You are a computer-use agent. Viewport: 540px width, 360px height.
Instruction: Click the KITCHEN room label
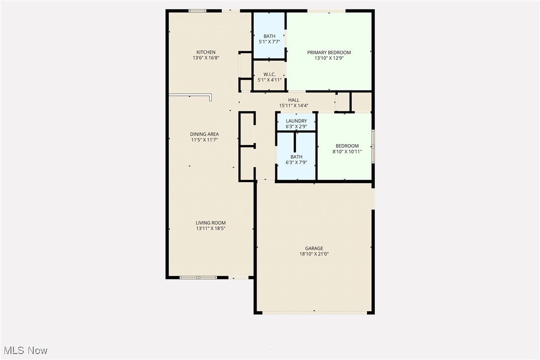click(206, 52)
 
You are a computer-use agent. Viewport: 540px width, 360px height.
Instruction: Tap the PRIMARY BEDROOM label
click(329, 53)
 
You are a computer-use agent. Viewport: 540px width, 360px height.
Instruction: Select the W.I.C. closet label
click(270, 74)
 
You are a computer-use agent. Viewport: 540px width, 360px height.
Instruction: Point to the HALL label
click(294, 100)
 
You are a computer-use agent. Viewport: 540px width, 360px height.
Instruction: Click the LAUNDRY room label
click(296, 121)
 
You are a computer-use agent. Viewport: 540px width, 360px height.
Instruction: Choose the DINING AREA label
click(204, 134)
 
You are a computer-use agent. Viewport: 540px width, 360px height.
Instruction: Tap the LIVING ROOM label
click(211, 223)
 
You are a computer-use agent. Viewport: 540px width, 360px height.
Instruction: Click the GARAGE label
click(314, 248)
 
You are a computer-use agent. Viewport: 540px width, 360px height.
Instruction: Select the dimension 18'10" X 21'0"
click(314, 254)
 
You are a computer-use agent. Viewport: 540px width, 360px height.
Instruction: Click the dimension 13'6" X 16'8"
click(206, 58)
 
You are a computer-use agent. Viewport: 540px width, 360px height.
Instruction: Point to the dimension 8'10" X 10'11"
click(347, 152)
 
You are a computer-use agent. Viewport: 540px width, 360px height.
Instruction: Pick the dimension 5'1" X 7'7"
click(270, 42)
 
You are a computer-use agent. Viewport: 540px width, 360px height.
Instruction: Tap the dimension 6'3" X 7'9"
click(296, 163)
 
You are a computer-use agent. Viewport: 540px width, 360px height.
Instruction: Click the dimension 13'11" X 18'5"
click(211, 229)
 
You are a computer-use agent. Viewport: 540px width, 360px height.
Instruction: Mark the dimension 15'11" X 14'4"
click(294, 105)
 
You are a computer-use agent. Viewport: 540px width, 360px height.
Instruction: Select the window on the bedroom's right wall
click(373, 146)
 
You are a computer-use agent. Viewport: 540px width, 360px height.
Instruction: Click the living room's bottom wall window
click(198, 277)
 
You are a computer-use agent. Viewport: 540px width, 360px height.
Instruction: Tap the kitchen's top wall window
click(197, 10)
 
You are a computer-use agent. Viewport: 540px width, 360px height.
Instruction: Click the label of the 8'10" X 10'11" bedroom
click(347, 146)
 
